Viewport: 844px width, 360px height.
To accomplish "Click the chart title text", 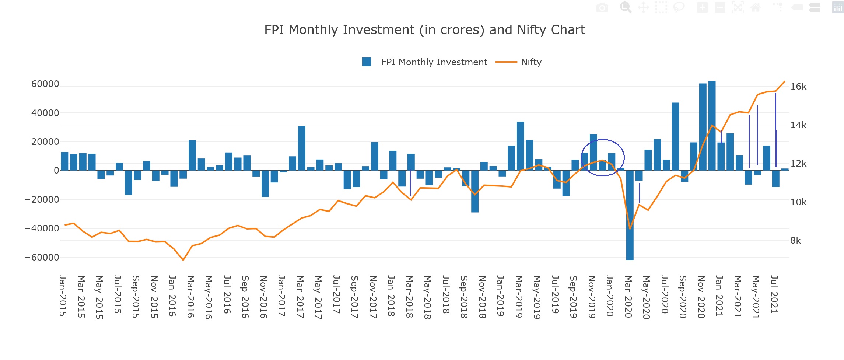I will coord(424,30).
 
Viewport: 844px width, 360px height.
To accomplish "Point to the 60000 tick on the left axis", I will coord(45,84).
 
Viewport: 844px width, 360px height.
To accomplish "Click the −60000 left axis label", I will coord(42,257).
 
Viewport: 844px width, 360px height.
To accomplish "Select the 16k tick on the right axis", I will coord(798,87).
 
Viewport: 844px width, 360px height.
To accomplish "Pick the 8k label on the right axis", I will coord(795,241).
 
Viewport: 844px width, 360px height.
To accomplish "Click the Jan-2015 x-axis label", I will coord(63,296).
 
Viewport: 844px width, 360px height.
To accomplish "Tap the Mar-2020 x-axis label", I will coord(628,296).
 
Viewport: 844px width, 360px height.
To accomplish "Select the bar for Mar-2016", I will coord(192,155).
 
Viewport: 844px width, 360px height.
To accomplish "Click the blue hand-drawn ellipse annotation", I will coord(624,158).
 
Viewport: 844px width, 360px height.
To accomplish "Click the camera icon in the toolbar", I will coord(602,7).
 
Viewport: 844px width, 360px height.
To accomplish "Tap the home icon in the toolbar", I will coord(756,7).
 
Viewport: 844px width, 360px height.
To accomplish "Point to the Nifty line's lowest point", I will coord(183,260).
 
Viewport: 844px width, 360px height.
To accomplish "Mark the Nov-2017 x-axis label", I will coord(373,297).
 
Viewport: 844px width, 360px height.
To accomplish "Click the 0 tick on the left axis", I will coord(56,171).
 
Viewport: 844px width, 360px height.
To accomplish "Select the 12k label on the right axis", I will coord(798,164).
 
